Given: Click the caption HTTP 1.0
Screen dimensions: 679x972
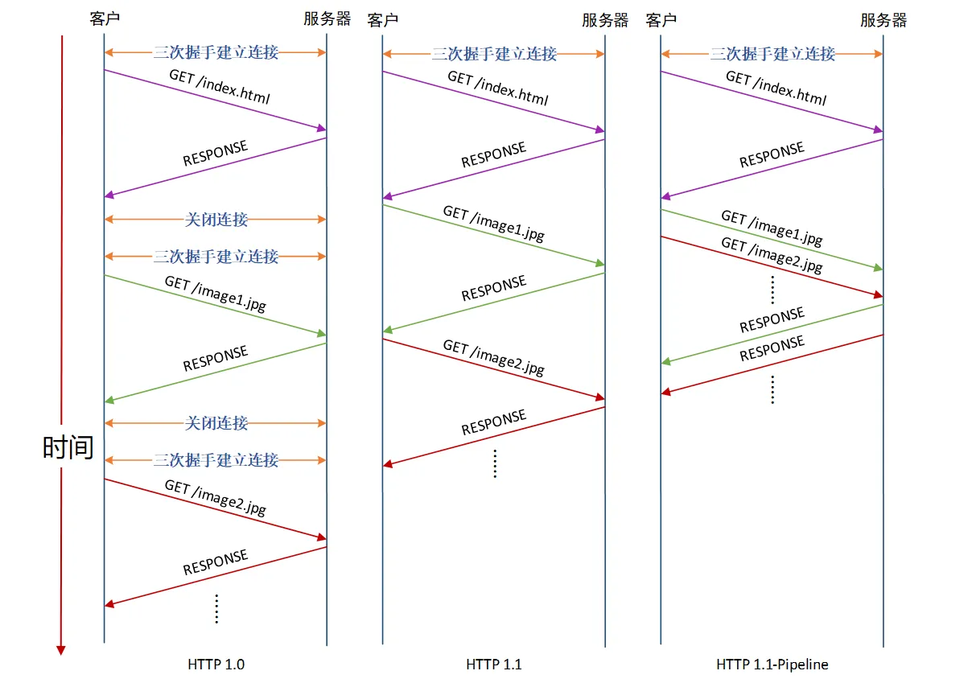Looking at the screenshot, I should point(216,665).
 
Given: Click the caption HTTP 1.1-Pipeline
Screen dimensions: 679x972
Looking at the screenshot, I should point(772,665).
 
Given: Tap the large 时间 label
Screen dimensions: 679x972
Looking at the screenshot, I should point(68,447).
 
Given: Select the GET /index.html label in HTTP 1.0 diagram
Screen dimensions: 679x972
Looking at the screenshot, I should point(219,88).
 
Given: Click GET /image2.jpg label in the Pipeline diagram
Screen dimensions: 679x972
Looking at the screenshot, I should point(772,255).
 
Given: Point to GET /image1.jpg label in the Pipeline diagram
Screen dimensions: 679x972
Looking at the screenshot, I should point(772,228).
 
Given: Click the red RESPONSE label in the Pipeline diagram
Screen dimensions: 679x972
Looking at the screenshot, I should point(772,349).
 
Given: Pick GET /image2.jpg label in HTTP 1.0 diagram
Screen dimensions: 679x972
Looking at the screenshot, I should point(215,498).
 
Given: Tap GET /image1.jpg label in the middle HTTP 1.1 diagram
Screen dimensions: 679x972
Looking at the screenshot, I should point(493,224).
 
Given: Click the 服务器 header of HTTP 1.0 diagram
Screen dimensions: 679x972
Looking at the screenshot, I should point(327,19).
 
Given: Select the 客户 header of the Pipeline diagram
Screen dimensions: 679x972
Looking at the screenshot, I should point(661,20).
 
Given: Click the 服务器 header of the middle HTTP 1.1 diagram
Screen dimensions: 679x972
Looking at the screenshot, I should point(605,20).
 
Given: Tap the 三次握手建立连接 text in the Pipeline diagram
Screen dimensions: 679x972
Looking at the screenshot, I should point(772,54).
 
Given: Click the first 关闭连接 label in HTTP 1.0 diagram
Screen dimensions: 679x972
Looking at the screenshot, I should point(216,220).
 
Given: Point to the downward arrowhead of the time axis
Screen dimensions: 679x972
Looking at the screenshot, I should point(60,649).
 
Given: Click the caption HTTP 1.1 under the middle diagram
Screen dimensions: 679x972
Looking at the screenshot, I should point(493,665).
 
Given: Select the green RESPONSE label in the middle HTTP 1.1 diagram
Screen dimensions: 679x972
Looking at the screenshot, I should point(493,289).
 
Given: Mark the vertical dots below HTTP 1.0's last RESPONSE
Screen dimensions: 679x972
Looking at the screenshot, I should point(216,608).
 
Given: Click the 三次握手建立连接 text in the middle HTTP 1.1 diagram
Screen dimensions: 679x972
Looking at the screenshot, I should point(494,54).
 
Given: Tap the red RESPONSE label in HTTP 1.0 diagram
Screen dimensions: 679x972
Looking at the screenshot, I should point(215,563).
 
